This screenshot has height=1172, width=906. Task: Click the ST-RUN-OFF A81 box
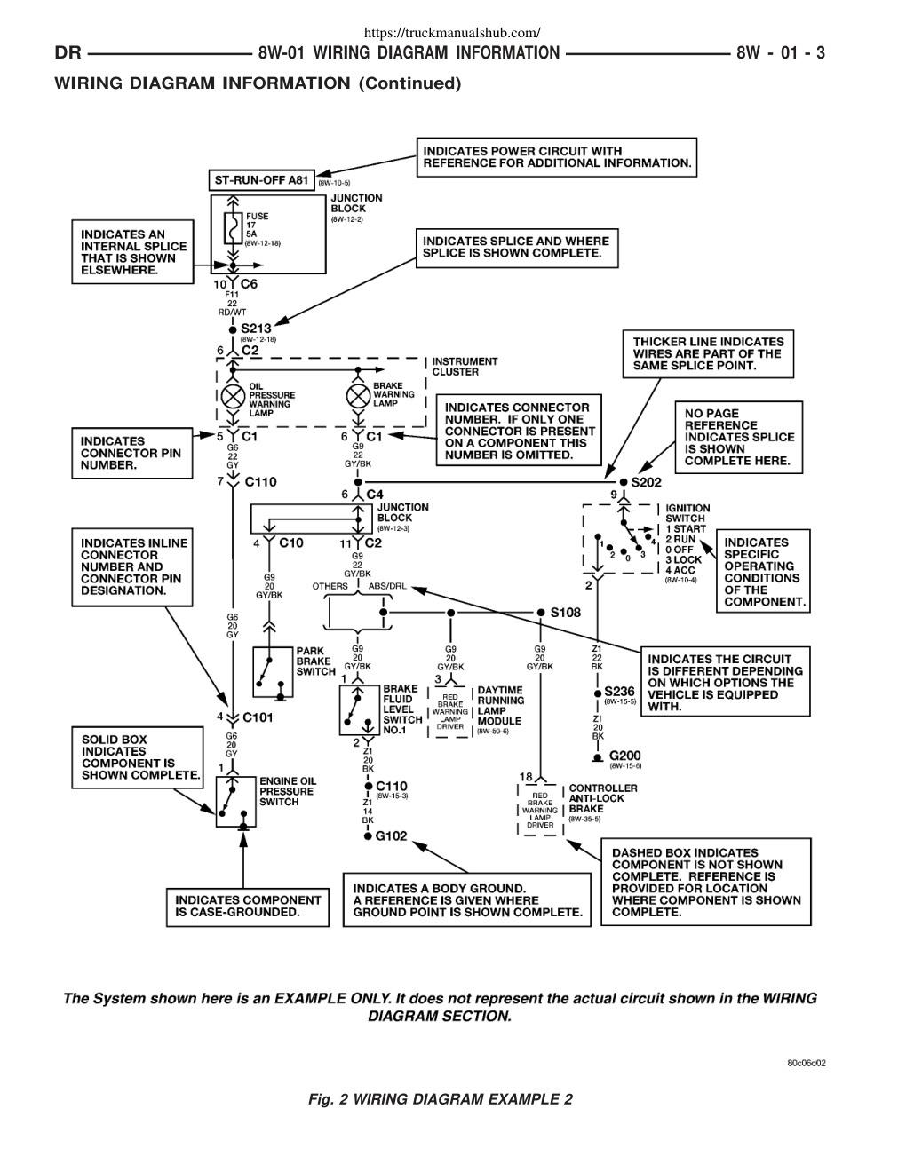pyautogui.click(x=262, y=180)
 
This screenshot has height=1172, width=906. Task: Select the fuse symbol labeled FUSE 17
pyautogui.click(x=233, y=229)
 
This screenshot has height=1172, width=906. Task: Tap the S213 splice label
pyautogui.click(x=256, y=329)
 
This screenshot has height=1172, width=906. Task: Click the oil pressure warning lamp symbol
pyautogui.click(x=233, y=398)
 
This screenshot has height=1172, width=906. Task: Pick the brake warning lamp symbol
pyautogui.click(x=358, y=397)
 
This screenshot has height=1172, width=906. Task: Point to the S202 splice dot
pyautogui.click(x=624, y=481)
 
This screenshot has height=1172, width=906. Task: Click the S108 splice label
pyautogui.click(x=565, y=612)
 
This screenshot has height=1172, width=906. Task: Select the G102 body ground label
pyautogui.click(x=391, y=835)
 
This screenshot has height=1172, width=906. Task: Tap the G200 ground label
pyautogui.click(x=624, y=756)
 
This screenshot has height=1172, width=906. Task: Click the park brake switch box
pyautogui.click(x=273, y=672)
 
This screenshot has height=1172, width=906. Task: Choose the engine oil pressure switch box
pyautogui.click(x=235, y=802)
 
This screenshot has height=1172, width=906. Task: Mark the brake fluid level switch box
pyautogui.click(x=360, y=709)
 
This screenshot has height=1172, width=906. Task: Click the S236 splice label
pyautogui.click(x=619, y=692)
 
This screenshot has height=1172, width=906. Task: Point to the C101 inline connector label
pyautogui.click(x=258, y=717)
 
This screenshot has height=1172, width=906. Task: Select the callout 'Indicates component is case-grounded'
pyautogui.click(x=248, y=907)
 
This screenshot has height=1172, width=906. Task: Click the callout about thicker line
pyautogui.click(x=708, y=353)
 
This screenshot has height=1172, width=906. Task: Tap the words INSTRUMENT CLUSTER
pyautogui.click(x=465, y=367)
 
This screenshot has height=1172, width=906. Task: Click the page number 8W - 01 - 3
pyautogui.click(x=781, y=53)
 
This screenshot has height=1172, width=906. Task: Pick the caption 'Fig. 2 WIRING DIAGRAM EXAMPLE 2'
pyautogui.click(x=441, y=1099)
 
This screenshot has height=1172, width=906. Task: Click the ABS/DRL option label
pyautogui.click(x=387, y=586)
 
